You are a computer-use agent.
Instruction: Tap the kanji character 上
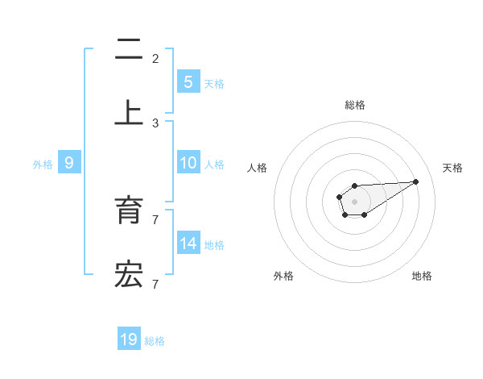[x=129, y=112]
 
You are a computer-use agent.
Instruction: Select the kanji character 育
[x=129, y=210]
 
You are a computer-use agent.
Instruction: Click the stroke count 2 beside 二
[x=155, y=59]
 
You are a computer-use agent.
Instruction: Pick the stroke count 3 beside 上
[x=155, y=123]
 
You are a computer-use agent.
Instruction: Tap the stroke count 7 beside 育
[x=155, y=219]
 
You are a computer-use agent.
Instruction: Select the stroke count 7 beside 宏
[x=155, y=284]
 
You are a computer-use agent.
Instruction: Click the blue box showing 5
[x=188, y=81]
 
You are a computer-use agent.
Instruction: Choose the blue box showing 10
[x=188, y=163]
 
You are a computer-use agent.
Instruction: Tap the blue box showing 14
[x=188, y=244]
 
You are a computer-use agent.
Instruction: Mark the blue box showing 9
[x=69, y=163]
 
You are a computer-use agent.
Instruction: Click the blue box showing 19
[x=129, y=339]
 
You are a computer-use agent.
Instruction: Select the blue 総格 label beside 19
[x=155, y=341]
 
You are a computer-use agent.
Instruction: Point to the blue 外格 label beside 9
[x=43, y=165]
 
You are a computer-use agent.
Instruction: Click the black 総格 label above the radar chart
[x=355, y=105]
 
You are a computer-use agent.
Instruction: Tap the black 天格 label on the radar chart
[x=452, y=168]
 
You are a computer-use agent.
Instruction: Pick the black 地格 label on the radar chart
[x=422, y=276]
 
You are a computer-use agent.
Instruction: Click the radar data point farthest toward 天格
[x=416, y=181]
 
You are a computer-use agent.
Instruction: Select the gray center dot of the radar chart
[x=354, y=201]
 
